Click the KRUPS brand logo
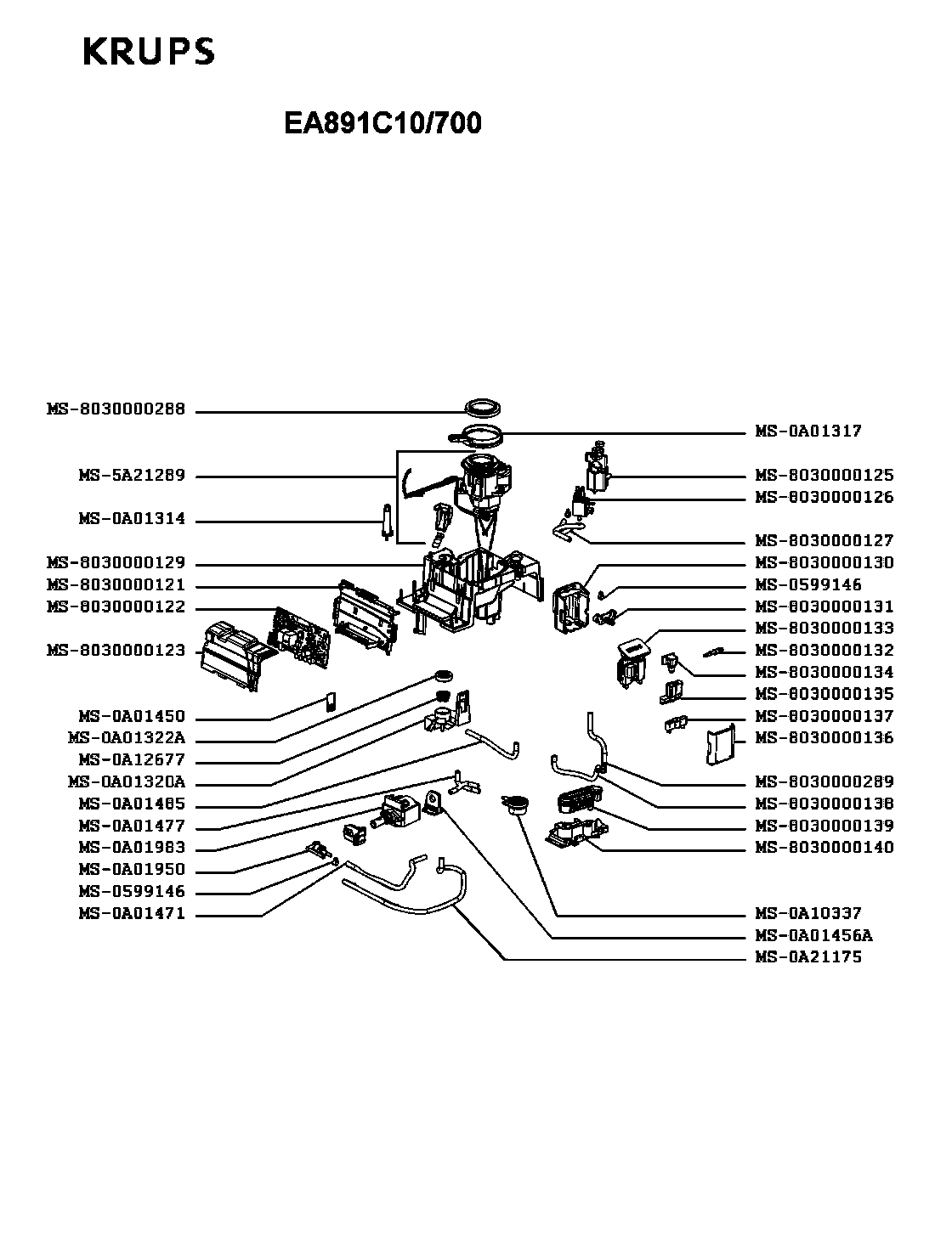coord(149,52)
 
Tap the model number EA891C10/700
coord(382,123)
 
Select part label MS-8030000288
coord(116,409)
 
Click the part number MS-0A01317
coord(807,431)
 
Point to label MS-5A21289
coord(132,476)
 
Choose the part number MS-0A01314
coord(132,519)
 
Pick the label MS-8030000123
coord(116,650)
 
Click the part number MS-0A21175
coord(807,956)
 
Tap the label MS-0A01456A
coord(813,934)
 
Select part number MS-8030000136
coord(824,738)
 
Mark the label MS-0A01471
coord(132,914)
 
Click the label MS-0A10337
coord(807,913)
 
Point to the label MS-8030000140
coord(824,848)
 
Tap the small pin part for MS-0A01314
coord(387,522)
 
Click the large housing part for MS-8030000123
coord(233,656)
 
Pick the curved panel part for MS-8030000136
coord(721,745)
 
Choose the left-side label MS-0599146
coord(132,892)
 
